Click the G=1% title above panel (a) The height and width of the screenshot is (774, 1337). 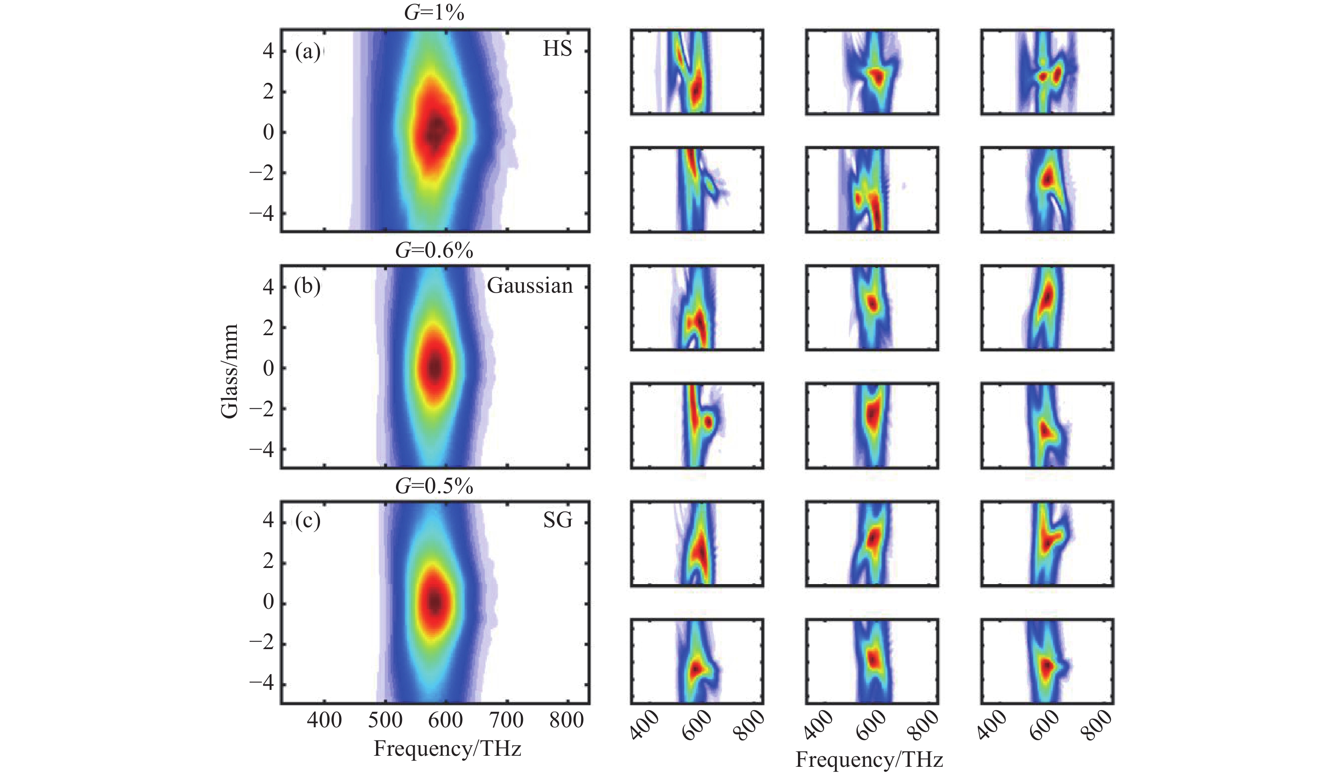(434, 13)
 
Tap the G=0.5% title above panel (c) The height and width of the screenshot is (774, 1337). (434, 486)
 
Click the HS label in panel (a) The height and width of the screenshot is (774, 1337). (557, 49)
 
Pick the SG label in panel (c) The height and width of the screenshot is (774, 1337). (558, 521)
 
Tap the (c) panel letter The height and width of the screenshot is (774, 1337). (308, 521)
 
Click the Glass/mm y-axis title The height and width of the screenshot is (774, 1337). (229, 372)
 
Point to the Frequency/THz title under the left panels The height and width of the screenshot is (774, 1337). (447, 749)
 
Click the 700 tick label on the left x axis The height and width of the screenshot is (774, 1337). (507, 720)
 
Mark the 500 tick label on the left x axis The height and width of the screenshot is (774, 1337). (385, 720)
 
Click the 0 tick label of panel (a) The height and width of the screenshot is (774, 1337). (268, 133)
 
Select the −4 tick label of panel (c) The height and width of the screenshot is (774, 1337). (261, 684)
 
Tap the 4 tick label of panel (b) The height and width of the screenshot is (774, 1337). (268, 287)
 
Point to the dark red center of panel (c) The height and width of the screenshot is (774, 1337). (435, 602)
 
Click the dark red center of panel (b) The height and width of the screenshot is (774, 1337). (435, 367)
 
